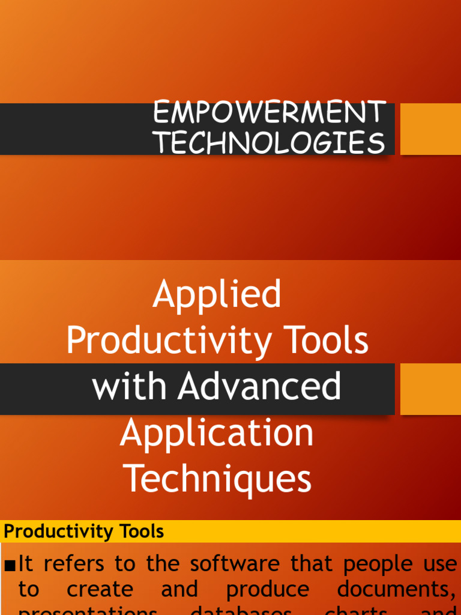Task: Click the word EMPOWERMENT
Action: pyautogui.click(x=269, y=113)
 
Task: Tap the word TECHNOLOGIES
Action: pyautogui.click(x=269, y=143)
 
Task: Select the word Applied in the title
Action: pyautogui.click(x=217, y=294)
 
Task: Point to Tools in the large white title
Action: pyautogui.click(x=329, y=341)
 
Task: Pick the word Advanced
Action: pyautogui.click(x=259, y=387)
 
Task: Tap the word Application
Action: pyautogui.click(x=217, y=433)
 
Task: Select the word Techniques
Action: pyautogui.click(x=217, y=479)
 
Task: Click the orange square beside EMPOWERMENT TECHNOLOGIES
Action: pyautogui.click(x=430, y=129)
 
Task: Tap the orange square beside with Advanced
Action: pyautogui.click(x=430, y=389)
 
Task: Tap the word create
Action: pyautogui.click(x=100, y=590)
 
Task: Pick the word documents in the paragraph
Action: pyautogui.click(x=396, y=590)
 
